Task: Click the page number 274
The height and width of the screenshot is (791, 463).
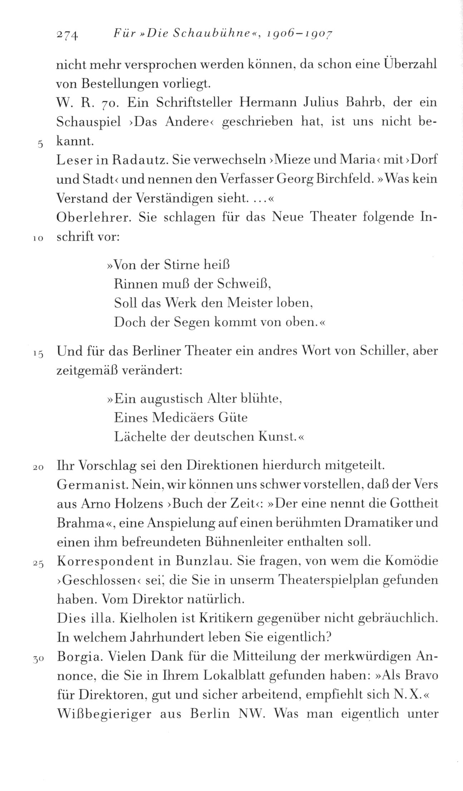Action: pyautogui.click(x=68, y=35)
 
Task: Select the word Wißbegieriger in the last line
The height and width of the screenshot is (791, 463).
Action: pyautogui.click(x=104, y=714)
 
